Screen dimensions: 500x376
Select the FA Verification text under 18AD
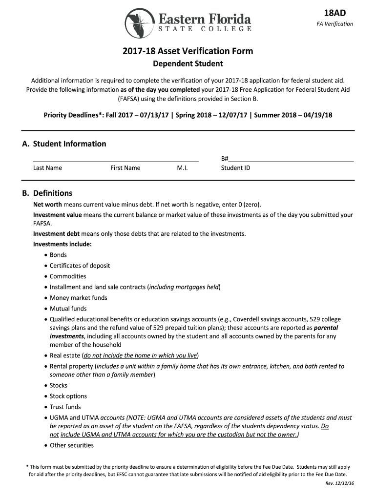pos(334,24)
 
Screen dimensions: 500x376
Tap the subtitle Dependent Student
pos(188,63)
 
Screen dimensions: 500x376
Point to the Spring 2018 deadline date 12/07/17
pos(232,115)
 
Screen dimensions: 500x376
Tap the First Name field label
pos(125,168)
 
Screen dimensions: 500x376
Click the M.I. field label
pos(182,168)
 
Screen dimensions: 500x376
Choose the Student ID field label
pos(235,168)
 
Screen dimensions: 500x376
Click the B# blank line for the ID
pos(291,159)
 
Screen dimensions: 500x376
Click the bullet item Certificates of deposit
pos(80,266)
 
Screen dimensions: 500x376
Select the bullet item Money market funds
pos(78,298)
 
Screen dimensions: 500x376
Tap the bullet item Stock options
pos(68,396)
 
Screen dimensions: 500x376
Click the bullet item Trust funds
pos(65,407)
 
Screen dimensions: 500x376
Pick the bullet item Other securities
pos(71,445)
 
